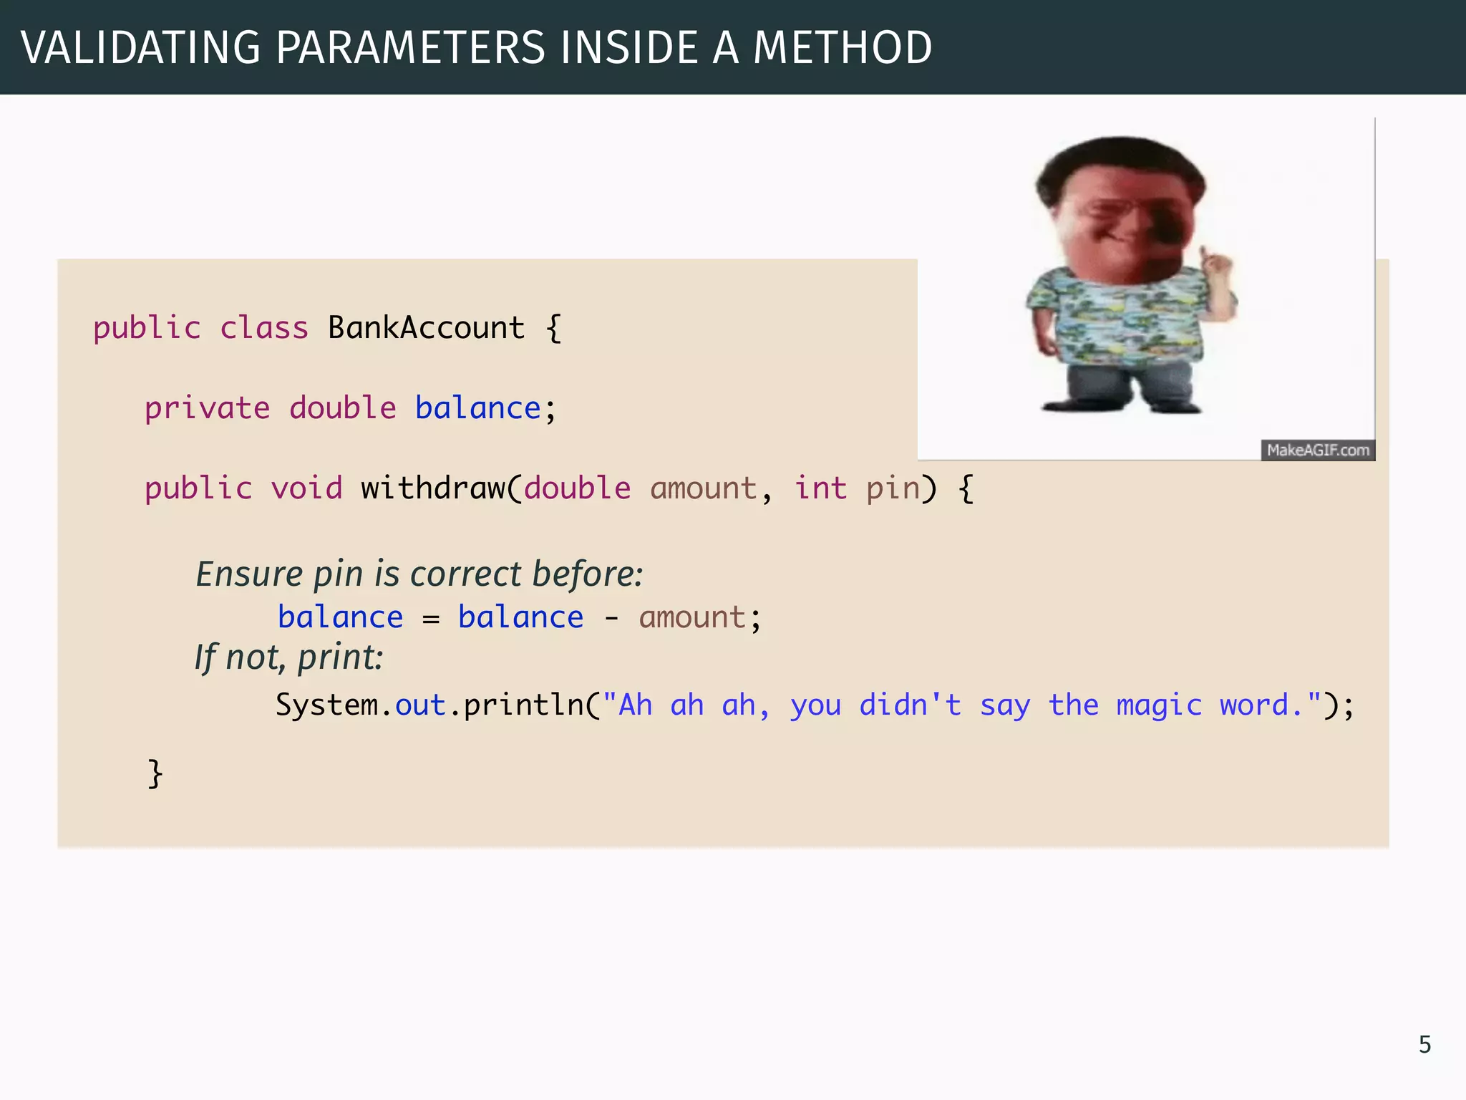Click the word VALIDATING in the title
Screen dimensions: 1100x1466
click(141, 48)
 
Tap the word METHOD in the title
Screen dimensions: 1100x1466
click(843, 48)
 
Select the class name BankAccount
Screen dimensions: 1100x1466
click(426, 328)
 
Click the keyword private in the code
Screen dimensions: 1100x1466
click(207, 408)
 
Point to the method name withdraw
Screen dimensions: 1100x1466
click(432, 488)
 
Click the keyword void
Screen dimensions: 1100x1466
click(306, 488)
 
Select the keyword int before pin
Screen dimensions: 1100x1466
click(820, 488)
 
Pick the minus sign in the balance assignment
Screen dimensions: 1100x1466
click(611, 618)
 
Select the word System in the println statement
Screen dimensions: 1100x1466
click(326, 705)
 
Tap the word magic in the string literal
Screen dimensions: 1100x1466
click(1159, 705)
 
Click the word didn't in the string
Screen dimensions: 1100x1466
click(910, 705)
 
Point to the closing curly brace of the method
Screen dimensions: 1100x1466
click(155, 773)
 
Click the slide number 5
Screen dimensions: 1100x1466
click(1424, 1045)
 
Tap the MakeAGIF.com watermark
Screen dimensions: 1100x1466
click(1318, 450)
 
